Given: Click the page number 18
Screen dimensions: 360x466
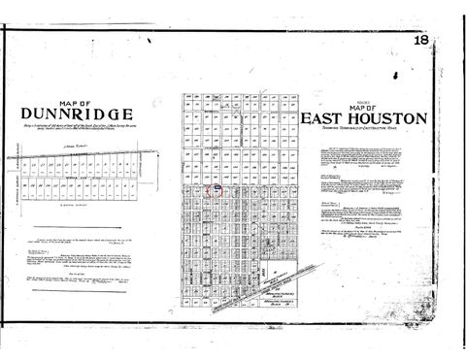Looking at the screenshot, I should (x=420, y=40).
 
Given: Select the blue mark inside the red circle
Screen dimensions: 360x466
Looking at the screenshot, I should (x=217, y=189).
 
